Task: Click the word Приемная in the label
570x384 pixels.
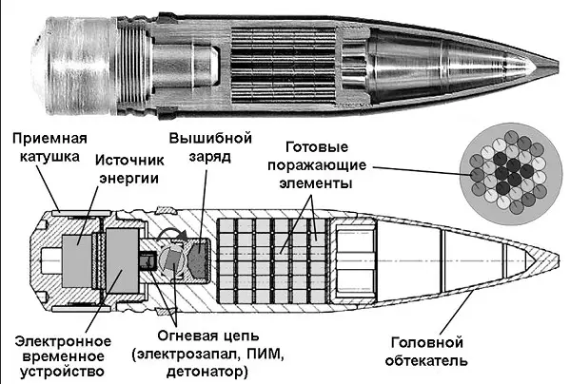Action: tap(49, 139)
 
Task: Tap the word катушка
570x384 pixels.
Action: tap(49, 157)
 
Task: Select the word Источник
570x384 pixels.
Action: tap(129, 161)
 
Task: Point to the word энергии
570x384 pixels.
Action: tap(129, 179)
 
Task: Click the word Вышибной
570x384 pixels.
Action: tap(210, 138)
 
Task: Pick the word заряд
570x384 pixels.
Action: tap(210, 158)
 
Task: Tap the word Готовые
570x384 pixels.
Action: tap(317, 147)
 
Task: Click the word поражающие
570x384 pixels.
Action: tap(317, 165)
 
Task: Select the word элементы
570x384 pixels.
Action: tap(316, 182)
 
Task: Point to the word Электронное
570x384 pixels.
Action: tap(63, 341)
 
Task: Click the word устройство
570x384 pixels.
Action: tap(62, 372)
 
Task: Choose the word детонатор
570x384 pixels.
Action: tap(207, 372)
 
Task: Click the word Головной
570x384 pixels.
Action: tap(426, 342)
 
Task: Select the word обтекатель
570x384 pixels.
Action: tap(426, 360)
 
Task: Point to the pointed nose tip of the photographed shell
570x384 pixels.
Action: tap(558, 65)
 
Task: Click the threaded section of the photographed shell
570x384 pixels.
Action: tap(133, 66)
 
